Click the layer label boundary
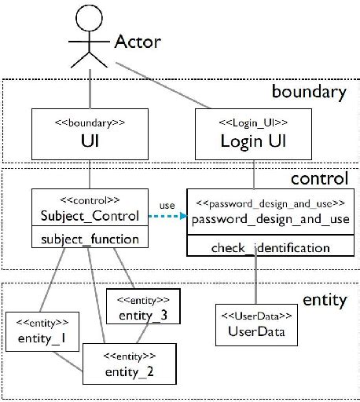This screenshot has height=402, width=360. coord(308,92)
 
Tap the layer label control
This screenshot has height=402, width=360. coord(318,179)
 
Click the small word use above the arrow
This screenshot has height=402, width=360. coord(167,206)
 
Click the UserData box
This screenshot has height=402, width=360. coord(255,325)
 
